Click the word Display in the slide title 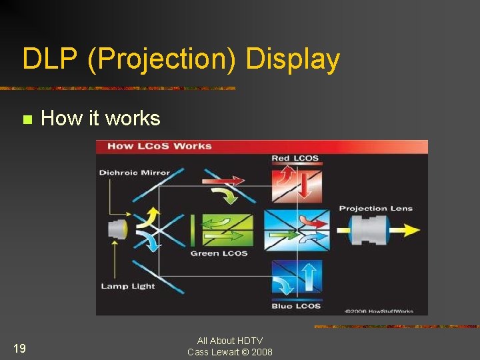tap(293, 59)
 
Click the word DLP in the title tap(49, 59)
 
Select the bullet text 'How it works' tap(101, 119)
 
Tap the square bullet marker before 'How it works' tap(27, 120)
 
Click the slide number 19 tap(19, 347)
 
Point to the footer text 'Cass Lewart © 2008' tap(229, 352)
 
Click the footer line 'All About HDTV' tap(229, 341)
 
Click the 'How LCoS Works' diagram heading tap(159, 146)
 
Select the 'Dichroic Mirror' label tap(134, 173)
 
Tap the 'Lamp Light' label tap(127, 286)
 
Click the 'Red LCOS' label tap(295, 159)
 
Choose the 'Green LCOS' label tap(219, 253)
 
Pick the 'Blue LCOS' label tap(295, 306)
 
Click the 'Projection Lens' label tap(375, 209)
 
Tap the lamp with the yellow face tap(118, 230)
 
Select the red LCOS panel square tap(296, 183)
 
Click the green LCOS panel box tap(227, 231)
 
